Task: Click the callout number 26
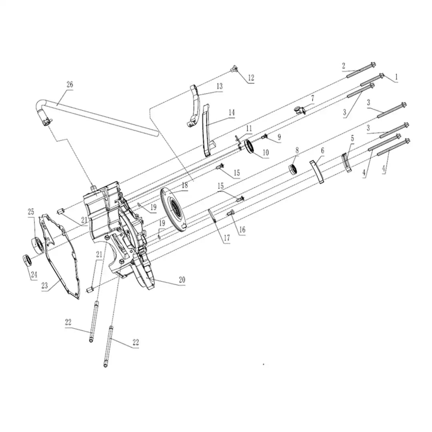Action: (x=70, y=84)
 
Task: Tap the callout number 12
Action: (x=251, y=78)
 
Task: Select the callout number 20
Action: (x=182, y=280)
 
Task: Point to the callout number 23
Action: (x=45, y=286)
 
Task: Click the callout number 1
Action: (x=396, y=77)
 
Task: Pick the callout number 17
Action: (x=227, y=238)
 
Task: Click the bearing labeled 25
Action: (x=38, y=244)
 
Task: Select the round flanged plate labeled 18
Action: (x=173, y=208)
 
